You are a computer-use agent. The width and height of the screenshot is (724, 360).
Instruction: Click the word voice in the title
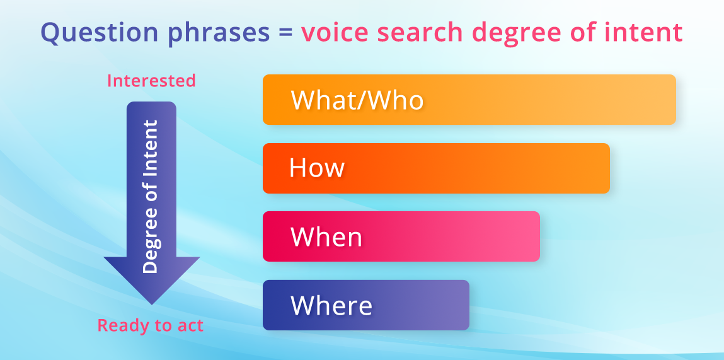[335, 33]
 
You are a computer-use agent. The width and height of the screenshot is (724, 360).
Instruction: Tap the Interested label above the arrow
[151, 81]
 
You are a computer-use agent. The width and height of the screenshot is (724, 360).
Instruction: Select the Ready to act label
[150, 325]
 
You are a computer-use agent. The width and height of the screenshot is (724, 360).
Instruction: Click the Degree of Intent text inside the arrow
[151, 197]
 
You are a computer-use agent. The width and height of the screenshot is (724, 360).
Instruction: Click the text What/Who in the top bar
[357, 100]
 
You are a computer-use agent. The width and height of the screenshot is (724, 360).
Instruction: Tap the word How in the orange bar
[317, 168]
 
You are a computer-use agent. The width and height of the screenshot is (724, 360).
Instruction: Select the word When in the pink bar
[326, 237]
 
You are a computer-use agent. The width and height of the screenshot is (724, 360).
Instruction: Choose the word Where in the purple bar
[331, 306]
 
